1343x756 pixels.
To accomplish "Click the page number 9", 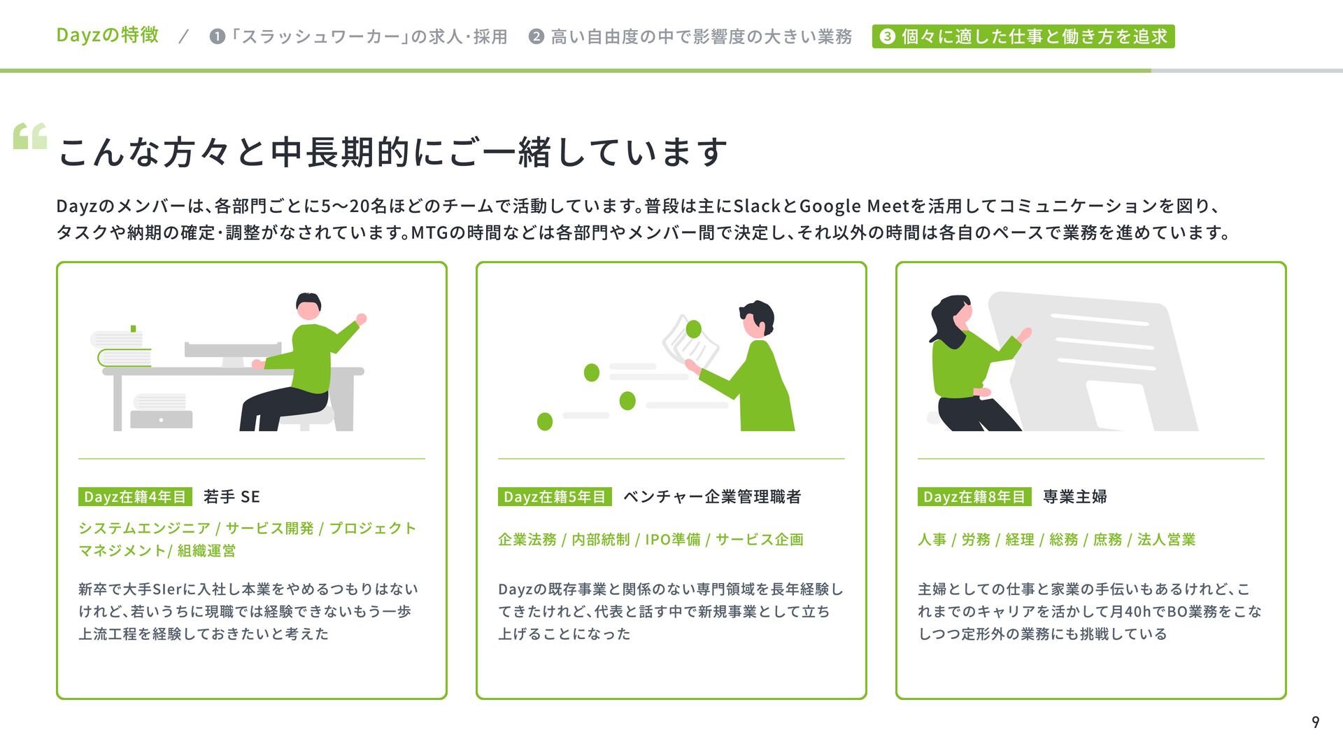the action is point(1315,722).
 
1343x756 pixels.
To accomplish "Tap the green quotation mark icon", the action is point(30,136).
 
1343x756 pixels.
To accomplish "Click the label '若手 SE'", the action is point(232,496).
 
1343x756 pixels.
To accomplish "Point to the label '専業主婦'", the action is point(1075,496).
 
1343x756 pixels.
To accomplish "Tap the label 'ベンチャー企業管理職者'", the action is point(712,496).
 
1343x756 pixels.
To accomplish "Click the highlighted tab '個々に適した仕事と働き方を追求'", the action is point(1023,36).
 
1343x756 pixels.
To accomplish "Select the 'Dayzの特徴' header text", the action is point(108,35).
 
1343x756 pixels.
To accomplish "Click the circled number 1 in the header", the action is point(218,36).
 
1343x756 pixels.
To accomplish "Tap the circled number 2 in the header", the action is point(537,36).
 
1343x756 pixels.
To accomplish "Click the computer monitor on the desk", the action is point(232,353).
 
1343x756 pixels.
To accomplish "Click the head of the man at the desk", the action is point(308,306).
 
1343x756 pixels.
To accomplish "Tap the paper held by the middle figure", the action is point(690,344).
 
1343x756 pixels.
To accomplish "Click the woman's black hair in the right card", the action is point(948,321).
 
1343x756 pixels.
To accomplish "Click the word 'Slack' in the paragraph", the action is point(757,206).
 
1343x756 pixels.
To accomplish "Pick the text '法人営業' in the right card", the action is point(1166,540).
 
